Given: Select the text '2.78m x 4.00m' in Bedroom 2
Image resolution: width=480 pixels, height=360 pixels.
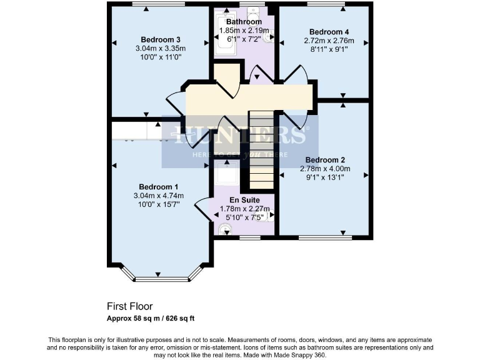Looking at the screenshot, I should click(324, 169).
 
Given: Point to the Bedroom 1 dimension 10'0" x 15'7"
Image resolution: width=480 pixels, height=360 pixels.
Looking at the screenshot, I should click(159, 204).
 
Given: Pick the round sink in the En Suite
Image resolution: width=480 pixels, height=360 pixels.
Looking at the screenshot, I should click(224, 229).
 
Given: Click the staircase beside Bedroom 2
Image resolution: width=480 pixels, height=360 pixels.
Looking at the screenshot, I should click(262, 150).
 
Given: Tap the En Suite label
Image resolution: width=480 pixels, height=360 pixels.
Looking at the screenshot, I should click(244, 200).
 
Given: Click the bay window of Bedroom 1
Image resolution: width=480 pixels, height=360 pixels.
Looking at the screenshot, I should click(161, 275).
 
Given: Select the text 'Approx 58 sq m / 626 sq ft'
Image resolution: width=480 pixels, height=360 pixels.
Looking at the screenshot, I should click(151, 318).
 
